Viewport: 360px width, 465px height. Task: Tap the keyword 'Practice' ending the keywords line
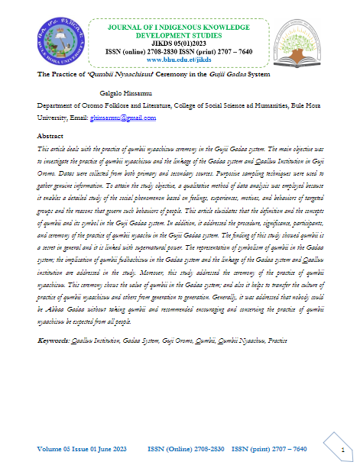point(274,339)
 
